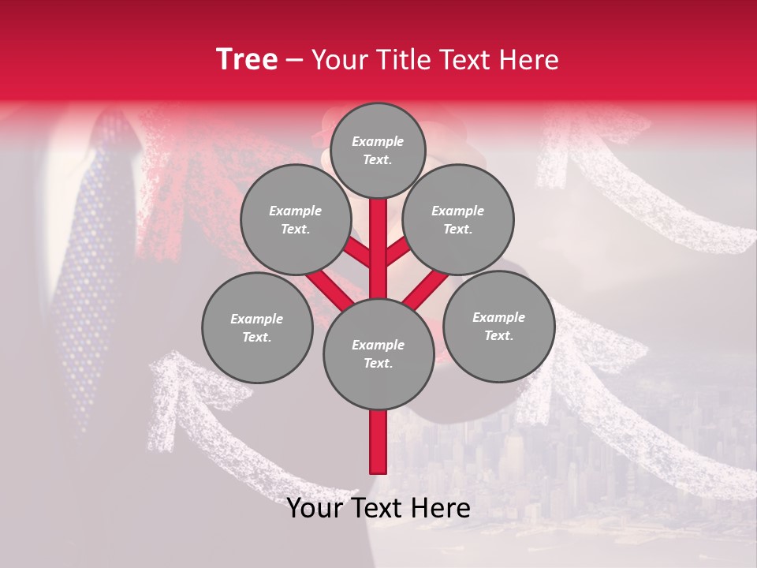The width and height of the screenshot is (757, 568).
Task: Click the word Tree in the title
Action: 247,60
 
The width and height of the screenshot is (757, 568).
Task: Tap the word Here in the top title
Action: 529,60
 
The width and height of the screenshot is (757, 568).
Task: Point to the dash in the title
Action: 295,61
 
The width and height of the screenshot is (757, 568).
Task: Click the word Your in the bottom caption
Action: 315,508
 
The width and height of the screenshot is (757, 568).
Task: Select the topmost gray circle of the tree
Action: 378,150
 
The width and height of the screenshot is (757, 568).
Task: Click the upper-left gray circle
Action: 295,219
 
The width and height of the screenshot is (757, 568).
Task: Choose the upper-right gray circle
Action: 458,219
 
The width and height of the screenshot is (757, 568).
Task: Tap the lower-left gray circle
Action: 257,327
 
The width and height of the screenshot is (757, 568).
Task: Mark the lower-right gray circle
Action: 498,326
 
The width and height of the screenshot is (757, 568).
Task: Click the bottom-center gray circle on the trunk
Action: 378,353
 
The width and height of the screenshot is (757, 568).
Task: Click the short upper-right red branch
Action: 397,251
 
